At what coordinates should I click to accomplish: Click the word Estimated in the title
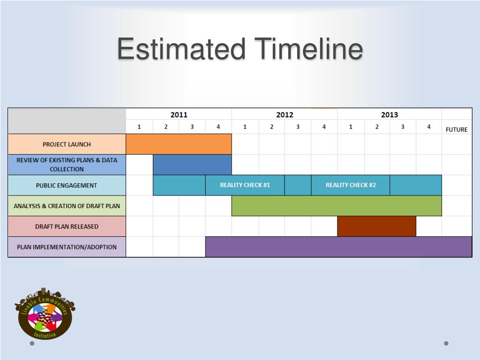coord(181,49)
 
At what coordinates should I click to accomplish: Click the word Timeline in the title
coord(309,49)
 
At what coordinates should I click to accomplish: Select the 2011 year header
coord(179,115)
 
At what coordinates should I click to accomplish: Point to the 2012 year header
coord(285,115)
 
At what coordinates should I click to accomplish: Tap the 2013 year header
coord(390,115)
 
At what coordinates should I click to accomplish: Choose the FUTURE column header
coord(457,129)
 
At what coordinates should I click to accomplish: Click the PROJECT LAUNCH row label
coord(67,144)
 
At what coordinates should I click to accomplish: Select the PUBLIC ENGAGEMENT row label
coord(67,185)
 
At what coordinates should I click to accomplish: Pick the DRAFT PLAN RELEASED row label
coord(67,226)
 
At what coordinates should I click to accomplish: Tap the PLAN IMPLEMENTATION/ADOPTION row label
coord(67,247)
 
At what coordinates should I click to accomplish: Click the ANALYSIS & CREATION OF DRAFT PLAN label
coord(67,206)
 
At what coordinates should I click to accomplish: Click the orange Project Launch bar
coord(179,144)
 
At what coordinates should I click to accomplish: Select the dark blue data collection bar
coord(192,165)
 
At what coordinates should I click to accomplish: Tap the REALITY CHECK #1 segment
coord(245,185)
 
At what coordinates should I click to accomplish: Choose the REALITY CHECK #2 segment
coord(351,185)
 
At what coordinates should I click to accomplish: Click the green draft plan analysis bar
coord(337,206)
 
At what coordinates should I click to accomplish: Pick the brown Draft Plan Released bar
coord(376,226)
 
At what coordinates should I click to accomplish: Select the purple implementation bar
coord(338,247)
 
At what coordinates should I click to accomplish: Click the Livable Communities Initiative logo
coord(45,314)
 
